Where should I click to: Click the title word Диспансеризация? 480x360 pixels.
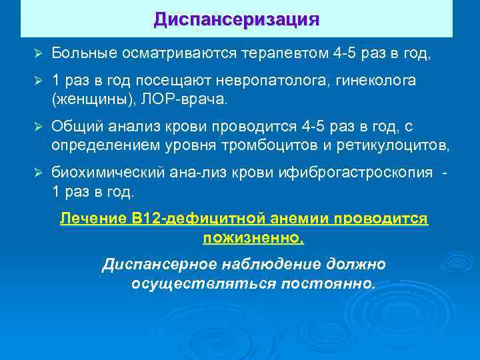click(x=237, y=18)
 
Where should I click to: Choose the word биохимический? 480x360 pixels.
click(x=107, y=173)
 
